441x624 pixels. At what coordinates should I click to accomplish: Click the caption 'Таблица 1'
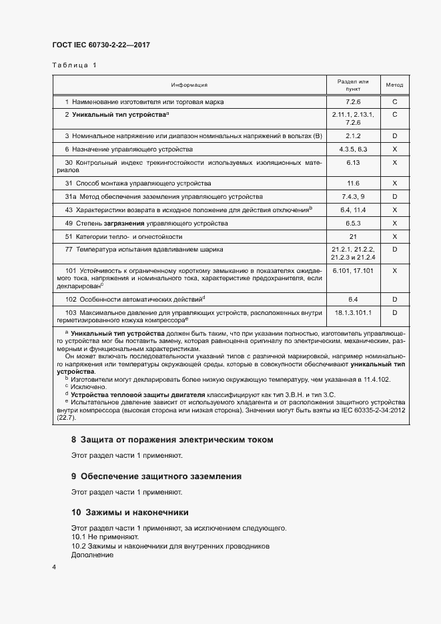(x=74, y=65)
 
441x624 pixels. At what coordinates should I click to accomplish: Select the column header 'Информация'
(x=189, y=85)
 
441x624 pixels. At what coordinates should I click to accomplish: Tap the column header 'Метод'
(x=394, y=85)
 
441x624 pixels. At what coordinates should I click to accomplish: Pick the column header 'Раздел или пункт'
(x=352, y=85)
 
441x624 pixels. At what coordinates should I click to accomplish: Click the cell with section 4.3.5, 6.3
(x=353, y=149)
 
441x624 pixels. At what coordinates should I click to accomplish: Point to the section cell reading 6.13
(x=353, y=162)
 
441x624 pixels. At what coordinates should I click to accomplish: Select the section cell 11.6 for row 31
(x=353, y=183)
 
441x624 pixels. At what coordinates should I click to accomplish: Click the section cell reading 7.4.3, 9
(x=353, y=196)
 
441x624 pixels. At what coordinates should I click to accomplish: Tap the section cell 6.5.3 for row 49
(x=353, y=223)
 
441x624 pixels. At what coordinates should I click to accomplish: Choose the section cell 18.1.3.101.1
(x=353, y=312)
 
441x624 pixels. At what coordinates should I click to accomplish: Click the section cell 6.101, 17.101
(x=353, y=270)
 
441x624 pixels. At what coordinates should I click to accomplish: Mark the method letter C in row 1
(x=394, y=101)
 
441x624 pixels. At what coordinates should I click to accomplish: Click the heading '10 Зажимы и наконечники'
(x=129, y=513)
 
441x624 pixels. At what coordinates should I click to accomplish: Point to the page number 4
(x=54, y=567)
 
